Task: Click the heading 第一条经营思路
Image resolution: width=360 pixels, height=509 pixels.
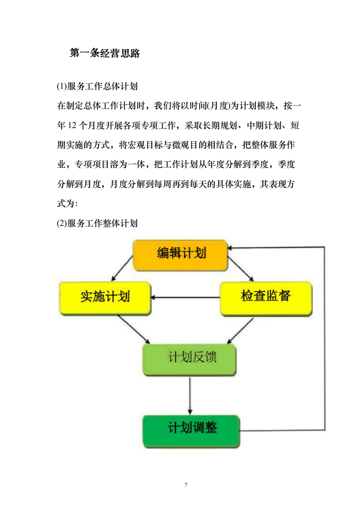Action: [x=105, y=53]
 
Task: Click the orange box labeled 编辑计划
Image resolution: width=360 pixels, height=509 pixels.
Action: [x=181, y=255]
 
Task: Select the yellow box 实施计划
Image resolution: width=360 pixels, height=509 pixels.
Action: [x=105, y=298]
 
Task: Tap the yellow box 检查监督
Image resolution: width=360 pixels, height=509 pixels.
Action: [x=265, y=297]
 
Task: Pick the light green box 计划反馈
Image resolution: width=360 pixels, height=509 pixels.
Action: [x=189, y=360]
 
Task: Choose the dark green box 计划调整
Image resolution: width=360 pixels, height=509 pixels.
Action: [x=191, y=430]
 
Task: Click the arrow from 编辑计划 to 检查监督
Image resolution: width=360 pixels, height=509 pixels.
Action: [x=241, y=268]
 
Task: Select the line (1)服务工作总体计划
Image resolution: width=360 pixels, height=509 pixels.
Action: [x=97, y=87]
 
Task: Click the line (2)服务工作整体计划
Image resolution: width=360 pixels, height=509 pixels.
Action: [x=97, y=224]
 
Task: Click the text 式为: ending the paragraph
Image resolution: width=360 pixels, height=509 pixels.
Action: [x=67, y=204]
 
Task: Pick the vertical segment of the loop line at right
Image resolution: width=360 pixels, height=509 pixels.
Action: [x=325, y=338]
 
